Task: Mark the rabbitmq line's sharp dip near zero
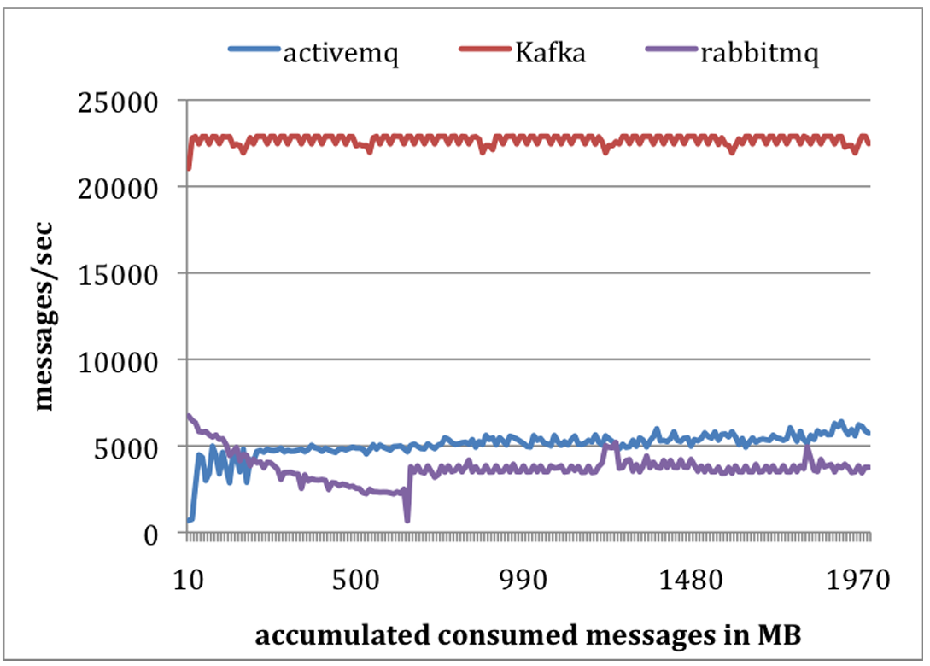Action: pyautogui.click(x=407, y=518)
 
